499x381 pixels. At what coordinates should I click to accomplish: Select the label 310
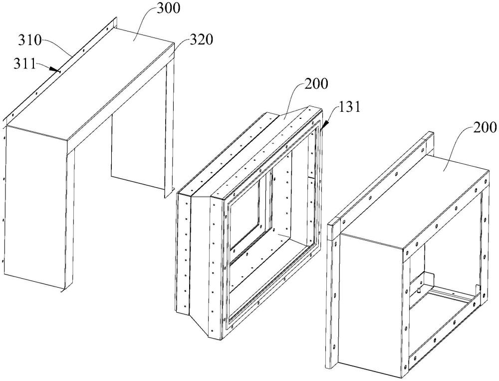(x=30, y=38)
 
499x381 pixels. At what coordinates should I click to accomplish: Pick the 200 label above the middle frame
(x=314, y=83)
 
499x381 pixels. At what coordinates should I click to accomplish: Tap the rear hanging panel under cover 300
(x=137, y=150)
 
